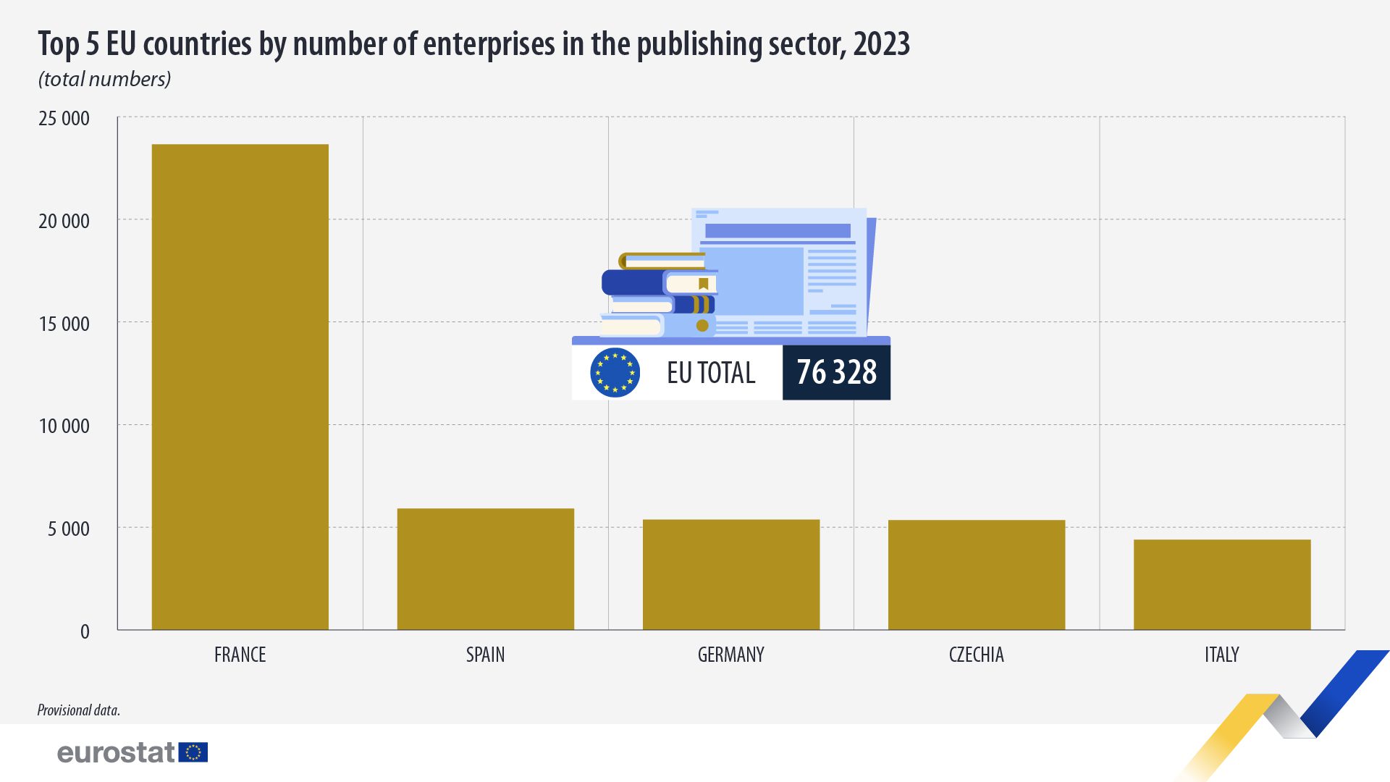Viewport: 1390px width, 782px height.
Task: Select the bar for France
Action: click(x=240, y=387)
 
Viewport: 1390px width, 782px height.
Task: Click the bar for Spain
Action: click(x=485, y=569)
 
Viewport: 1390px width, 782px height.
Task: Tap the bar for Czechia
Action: click(x=976, y=575)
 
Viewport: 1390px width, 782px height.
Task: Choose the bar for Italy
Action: click(x=1221, y=584)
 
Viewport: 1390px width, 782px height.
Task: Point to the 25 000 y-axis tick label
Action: click(x=64, y=118)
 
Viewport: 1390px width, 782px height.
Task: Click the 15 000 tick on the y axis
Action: click(x=64, y=324)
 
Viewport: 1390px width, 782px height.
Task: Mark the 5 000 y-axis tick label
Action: click(x=68, y=529)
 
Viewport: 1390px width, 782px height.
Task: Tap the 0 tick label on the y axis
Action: click(x=85, y=631)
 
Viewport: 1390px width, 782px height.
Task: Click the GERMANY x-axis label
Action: click(x=730, y=655)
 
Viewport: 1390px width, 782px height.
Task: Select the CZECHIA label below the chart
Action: click(x=976, y=655)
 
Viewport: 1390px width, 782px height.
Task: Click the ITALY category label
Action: click(x=1221, y=655)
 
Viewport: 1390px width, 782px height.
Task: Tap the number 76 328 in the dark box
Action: click(x=836, y=372)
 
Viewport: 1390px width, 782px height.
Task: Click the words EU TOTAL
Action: click(x=710, y=373)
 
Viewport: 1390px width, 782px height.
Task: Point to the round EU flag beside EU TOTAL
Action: click(x=615, y=372)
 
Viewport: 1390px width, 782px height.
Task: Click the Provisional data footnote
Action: click(x=78, y=710)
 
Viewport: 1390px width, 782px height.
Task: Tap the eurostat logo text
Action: click(x=116, y=752)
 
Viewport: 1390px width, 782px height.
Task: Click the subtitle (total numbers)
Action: click(x=104, y=79)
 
